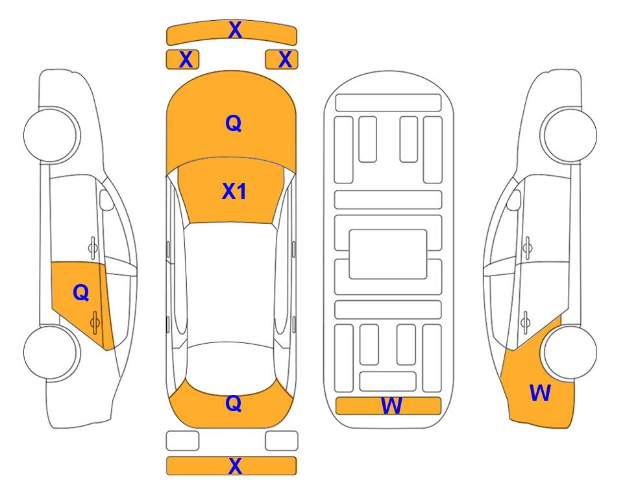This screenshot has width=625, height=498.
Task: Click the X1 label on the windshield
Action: [x=234, y=191]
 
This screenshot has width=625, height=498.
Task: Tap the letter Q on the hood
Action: [x=234, y=123]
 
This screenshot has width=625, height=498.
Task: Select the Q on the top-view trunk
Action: [x=234, y=403]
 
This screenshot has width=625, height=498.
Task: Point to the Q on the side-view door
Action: [x=81, y=293]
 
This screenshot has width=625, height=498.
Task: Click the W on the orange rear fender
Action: [x=540, y=393]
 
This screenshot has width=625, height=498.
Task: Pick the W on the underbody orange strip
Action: [x=391, y=406]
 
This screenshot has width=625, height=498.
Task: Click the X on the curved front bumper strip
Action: [x=235, y=30]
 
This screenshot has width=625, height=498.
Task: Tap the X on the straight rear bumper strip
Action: [x=235, y=466]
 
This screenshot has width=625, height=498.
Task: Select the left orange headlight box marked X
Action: [x=182, y=60]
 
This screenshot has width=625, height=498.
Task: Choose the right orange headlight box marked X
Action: [x=282, y=60]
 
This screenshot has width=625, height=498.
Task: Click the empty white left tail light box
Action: [x=182, y=441]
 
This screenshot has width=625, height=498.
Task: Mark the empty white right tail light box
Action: [x=282, y=441]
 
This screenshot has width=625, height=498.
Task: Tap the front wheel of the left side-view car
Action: [x=50, y=135]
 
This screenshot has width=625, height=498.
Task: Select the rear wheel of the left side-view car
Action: [x=50, y=353]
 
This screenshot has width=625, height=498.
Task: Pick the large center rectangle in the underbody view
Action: [x=388, y=254]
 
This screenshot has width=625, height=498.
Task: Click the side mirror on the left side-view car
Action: [x=106, y=200]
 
